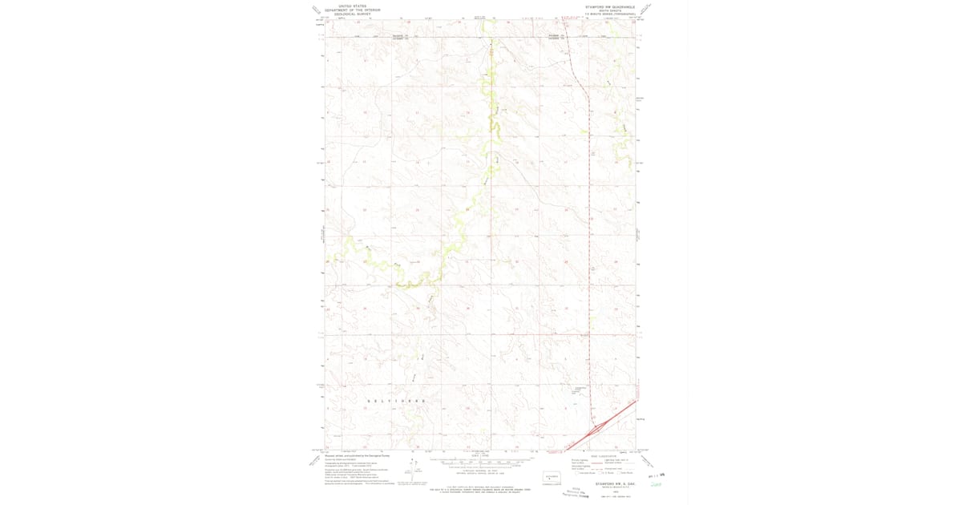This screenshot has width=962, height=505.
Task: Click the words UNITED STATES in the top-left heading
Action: tap(353, 6)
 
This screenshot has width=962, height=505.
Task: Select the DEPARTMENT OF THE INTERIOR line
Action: tap(353, 10)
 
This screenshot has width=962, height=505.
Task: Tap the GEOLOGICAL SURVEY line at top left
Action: tap(353, 14)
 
